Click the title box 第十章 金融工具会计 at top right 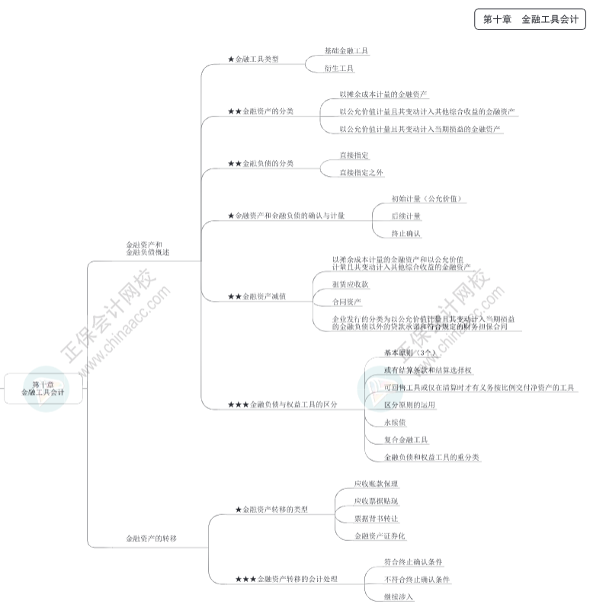pyautogui.click(x=530, y=21)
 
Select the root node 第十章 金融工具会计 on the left pyautogui.click(x=43, y=389)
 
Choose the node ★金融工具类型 pyautogui.click(x=253, y=59)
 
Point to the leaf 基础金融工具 pyautogui.click(x=346, y=50)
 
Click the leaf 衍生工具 pyautogui.click(x=338, y=69)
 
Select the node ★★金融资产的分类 pyautogui.click(x=260, y=111)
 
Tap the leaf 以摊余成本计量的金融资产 pyautogui.click(x=383, y=94)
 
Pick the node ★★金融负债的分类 pyautogui.click(x=260, y=164)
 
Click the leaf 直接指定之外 pyautogui.click(x=361, y=173)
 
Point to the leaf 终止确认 pyautogui.click(x=406, y=234)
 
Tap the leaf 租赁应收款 pyautogui.click(x=350, y=284)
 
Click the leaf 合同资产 pyautogui.click(x=347, y=302)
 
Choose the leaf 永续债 pyautogui.click(x=395, y=422)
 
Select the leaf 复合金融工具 pyautogui.click(x=406, y=440)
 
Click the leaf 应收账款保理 pyautogui.click(x=376, y=484)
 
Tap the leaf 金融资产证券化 pyautogui.click(x=380, y=536)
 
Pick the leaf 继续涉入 pyautogui.click(x=399, y=596)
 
